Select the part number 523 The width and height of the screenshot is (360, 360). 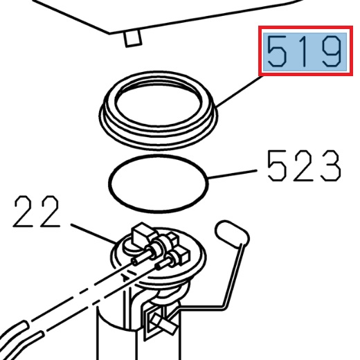[x=303, y=167]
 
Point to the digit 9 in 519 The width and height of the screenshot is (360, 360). [x=329, y=52]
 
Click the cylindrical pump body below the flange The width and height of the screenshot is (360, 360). [x=114, y=339]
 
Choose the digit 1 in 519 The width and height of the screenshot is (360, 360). [x=305, y=52]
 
